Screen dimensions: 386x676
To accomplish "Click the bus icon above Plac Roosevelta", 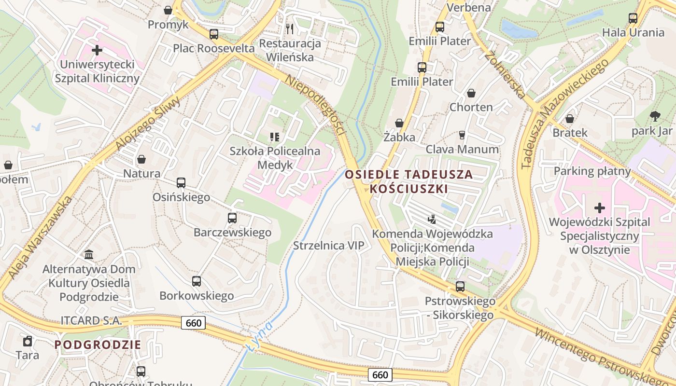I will pyautogui.click(x=214, y=34).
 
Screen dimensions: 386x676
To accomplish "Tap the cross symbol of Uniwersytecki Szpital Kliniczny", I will pyautogui.click(x=97, y=50).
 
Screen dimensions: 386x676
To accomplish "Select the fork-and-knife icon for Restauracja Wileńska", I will pyautogui.click(x=290, y=28).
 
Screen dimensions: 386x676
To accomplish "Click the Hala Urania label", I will pyautogui.click(x=633, y=33).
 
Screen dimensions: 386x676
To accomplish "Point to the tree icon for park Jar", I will pyautogui.click(x=655, y=116).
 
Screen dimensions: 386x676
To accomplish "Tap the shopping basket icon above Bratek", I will pyautogui.click(x=570, y=119).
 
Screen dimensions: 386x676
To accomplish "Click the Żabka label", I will pyautogui.click(x=399, y=137).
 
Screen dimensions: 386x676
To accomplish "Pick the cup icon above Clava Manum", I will pyautogui.click(x=462, y=135).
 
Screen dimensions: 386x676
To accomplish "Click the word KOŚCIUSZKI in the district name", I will pyautogui.click(x=409, y=189).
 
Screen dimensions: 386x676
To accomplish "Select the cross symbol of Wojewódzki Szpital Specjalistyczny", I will pyautogui.click(x=599, y=208).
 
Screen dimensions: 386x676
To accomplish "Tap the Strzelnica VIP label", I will pyautogui.click(x=328, y=246).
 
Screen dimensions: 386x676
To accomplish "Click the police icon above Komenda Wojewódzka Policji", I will pyautogui.click(x=432, y=220).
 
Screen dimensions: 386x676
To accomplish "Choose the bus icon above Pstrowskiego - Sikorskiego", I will pyautogui.click(x=460, y=287).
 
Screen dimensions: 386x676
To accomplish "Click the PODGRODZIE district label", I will pyautogui.click(x=98, y=345).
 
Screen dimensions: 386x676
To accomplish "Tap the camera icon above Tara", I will pyautogui.click(x=28, y=341).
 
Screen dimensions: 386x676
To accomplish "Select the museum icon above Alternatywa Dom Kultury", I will pyautogui.click(x=89, y=254).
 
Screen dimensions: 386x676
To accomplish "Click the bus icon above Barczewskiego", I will pyautogui.click(x=232, y=218).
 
